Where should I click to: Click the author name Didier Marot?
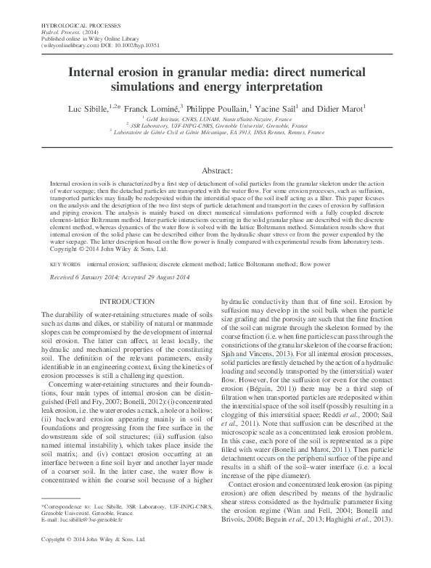click(338, 108)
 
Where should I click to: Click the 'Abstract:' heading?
click(215, 168)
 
